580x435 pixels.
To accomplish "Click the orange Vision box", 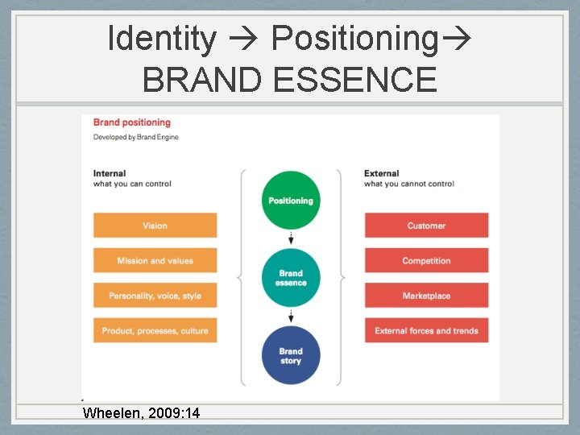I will pos(155,226).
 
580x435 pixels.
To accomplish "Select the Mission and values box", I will pos(155,260).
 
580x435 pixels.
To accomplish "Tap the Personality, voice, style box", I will pos(155,296).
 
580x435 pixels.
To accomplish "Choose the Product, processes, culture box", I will pos(155,330).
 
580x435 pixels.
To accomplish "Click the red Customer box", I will pos(426,226).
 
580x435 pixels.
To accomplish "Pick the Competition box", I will pos(426,260).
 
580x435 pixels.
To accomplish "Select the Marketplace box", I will pos(426,296).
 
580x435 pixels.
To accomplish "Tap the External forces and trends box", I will pos(426,330).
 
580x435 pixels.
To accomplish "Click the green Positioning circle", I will pos(291,201).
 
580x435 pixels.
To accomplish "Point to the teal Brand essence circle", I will pos(291,278).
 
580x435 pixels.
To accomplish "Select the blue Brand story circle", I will pos(291,355).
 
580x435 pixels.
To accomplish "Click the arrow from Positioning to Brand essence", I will pos(291,238).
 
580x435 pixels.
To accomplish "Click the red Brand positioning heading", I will pos(132,122).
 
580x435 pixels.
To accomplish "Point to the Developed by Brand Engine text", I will pos(136,137).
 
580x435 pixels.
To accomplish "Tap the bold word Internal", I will pos(110,173).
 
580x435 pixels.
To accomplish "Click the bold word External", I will pos(382,173).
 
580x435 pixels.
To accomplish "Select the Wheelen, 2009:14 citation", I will pos(142,413).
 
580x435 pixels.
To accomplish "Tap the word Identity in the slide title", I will pos(162,38).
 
